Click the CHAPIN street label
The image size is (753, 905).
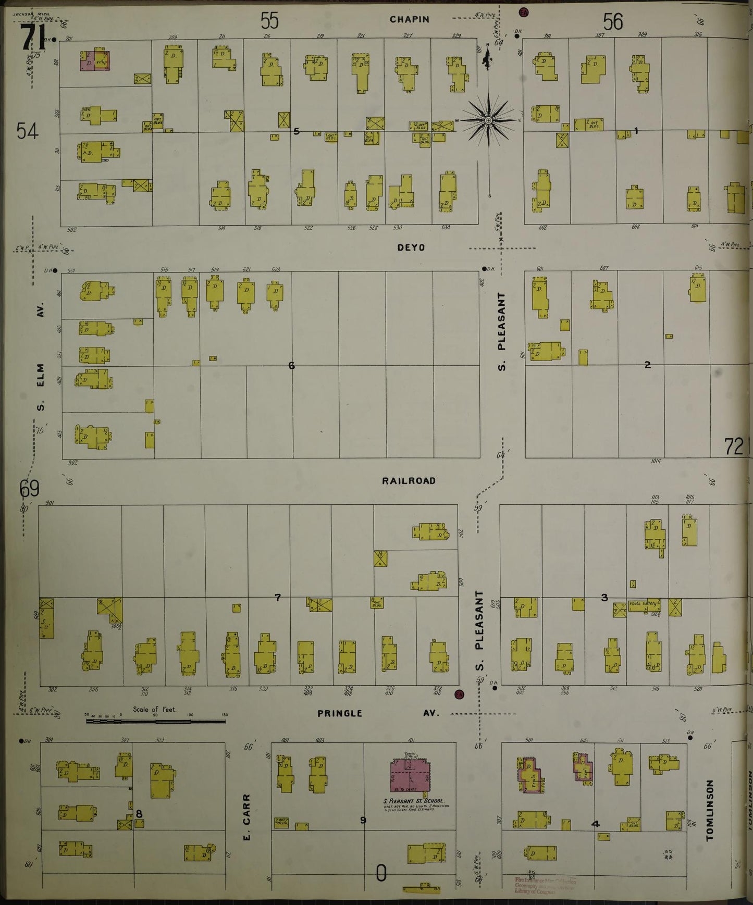point(410,19)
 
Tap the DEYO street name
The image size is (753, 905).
point(411,247)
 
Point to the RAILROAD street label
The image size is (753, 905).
point(409,481)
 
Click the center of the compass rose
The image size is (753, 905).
point(489,120)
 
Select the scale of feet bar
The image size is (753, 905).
point(156,721)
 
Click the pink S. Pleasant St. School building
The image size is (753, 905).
point(410,775)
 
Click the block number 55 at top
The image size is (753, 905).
point(269,21)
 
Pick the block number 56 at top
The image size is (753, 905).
point(613,22)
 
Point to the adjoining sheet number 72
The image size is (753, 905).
point(734,447)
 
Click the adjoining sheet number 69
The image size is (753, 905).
point(29,489)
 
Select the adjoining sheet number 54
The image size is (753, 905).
point(27,131)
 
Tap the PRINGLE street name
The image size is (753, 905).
point(340,713)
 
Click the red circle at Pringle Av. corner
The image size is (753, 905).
point(459,694)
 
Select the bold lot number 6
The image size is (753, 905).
point(291,366)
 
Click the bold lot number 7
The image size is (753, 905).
point(278,598)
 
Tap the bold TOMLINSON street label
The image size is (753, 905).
point(709,811)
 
